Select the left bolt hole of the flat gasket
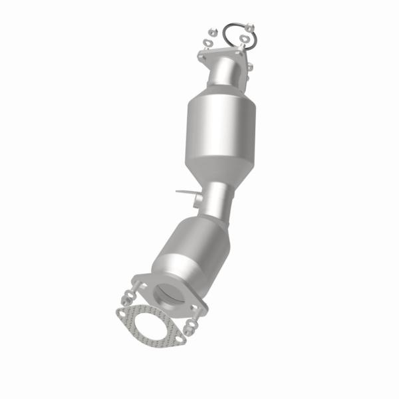[x=122, y=312]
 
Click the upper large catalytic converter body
[x=221, y=130]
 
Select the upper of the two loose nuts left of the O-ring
[x=211, y=31]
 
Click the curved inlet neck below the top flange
[x=226, y=73]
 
